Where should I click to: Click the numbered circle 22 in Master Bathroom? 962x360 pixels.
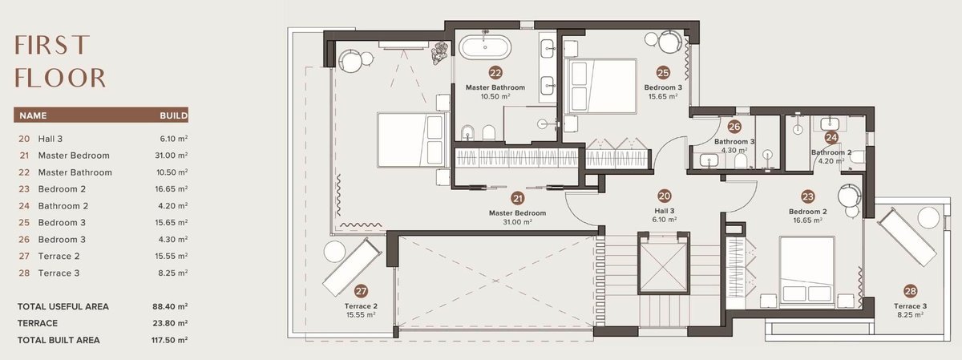point(495,73)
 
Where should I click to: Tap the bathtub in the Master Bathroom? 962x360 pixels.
point(485,47)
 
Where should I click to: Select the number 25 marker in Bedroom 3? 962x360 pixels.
point(663,73)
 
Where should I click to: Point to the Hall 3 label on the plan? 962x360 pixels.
point(665,211)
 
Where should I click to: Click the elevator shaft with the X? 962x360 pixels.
point(664,263)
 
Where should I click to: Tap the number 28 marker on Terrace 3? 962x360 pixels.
point(910,291)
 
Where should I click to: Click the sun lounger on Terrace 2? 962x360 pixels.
point(352,267)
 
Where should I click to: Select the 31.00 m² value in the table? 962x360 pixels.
point(172,156)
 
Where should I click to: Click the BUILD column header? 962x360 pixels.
point(174,115)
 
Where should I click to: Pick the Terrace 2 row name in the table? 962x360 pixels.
point(59,257)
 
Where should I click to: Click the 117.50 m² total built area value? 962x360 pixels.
point(169,340)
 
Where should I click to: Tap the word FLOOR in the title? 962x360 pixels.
point(60,78)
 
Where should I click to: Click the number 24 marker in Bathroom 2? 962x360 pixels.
point(831,137)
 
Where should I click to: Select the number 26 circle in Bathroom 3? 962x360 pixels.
point(734,127)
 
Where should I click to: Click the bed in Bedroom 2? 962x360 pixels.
point(807,272)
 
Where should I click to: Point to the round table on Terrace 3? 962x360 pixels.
point(928,218)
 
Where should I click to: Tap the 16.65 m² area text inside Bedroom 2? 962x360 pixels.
point(807,220)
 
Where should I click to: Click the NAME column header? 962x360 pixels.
point(33,115)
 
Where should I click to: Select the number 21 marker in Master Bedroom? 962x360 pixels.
point(518,199)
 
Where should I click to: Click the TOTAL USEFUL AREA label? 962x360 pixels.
point(63,307)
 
